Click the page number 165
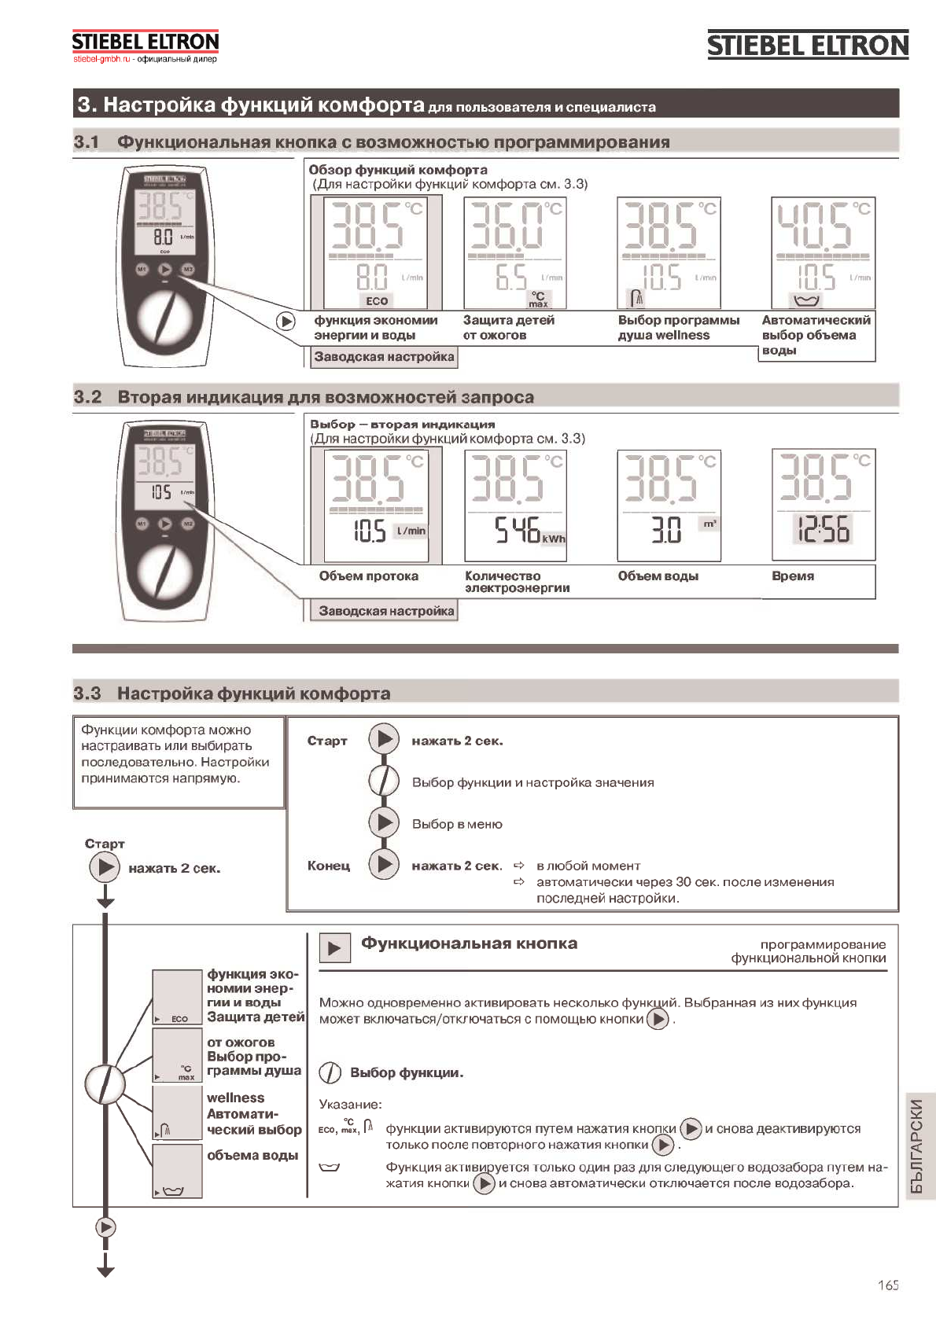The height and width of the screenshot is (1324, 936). click(888, 1285)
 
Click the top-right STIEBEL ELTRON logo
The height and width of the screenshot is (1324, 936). click(807, 45)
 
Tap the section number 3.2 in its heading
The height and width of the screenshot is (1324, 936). click(87, 397)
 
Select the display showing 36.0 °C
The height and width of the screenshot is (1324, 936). click(515, 252)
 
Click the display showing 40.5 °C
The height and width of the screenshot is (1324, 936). click(823, 252)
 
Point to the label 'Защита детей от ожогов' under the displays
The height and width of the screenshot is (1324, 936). click(508, 327)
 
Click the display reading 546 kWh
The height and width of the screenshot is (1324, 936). click(515, 506)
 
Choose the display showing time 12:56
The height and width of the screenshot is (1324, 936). click(823, 505)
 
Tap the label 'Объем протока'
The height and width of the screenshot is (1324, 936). click(368, 576)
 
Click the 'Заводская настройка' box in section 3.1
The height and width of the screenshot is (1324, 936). click(384, 357)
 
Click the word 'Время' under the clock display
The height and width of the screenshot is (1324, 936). click(792, 576)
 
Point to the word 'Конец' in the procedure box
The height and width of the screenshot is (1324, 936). click(328, 866)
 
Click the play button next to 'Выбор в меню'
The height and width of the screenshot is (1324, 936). click(384, 822)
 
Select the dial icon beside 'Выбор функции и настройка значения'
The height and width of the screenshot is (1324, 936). click(384, 781)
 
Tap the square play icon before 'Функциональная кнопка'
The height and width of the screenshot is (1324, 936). click(334, 947)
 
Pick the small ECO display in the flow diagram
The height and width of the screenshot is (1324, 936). click(177, 997)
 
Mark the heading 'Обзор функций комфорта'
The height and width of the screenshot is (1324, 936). click(397, 170)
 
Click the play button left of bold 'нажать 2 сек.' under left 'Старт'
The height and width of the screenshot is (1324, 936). click(104, 867)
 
